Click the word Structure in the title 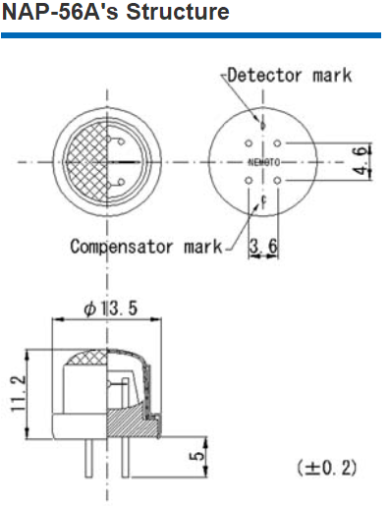tap(178, 12)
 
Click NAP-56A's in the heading tap(60, 12)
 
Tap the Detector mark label tap(290, 76)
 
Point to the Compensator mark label tap(146, 247)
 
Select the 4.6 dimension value tap(361, 161)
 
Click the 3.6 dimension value tap(263, 246)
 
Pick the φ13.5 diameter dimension tap(111, 309)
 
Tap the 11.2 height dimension tap(19, 394)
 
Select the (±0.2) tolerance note tap(327, 468)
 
